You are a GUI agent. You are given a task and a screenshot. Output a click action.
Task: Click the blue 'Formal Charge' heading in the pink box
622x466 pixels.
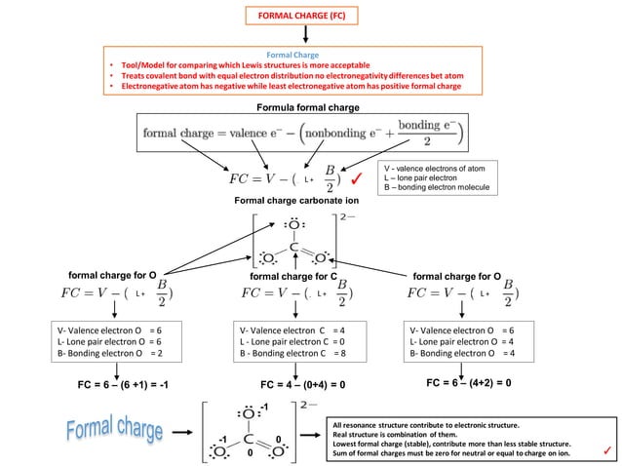tap(293, 56)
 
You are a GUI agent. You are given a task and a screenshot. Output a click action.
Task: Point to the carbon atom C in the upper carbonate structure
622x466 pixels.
tap(292, 248)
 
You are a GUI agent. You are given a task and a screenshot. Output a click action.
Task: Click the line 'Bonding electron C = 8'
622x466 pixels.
tap(292, 352)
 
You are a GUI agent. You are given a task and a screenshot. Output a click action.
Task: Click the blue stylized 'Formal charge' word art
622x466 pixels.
tap(123, 429)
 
